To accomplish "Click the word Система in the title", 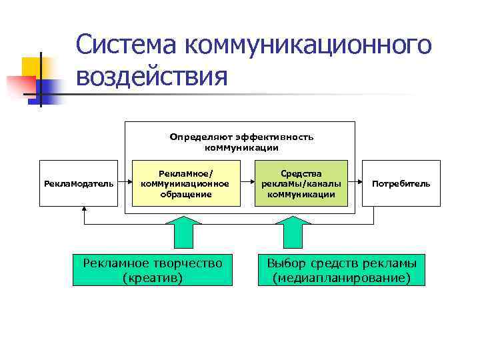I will [126, 45].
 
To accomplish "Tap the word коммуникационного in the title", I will [307, 45].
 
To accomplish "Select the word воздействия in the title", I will [152, 76].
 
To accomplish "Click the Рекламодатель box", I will [79, 183].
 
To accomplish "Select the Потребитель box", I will [401, 183].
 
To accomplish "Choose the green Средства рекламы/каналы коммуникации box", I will [301, 183].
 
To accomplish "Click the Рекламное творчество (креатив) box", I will [153, 269].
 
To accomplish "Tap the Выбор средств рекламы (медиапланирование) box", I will [341, 269].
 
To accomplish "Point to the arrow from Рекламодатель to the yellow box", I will [124, 183].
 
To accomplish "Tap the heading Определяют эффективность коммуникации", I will [241, 141].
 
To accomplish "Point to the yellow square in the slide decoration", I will [33, 67].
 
